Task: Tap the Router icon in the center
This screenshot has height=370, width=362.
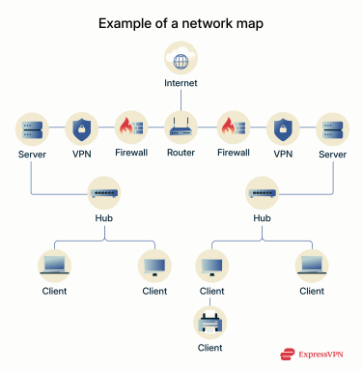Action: [181, 128]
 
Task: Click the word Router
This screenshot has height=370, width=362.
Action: [181, 153]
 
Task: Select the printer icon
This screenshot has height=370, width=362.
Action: [209, 320]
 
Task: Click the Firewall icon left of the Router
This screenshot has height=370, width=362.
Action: [130, 128]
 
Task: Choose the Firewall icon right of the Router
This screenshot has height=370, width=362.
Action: [231, 128]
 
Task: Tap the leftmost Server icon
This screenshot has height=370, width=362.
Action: [32, 128]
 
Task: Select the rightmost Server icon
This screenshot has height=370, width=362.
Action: [330, 128]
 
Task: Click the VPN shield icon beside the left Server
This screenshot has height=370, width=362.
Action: [81, 128]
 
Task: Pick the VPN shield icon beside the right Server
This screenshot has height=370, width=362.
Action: [281, 128]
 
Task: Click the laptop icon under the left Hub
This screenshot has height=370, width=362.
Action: [54, 264]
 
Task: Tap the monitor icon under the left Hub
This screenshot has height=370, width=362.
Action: [154, 264]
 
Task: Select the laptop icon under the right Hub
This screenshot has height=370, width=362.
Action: [311, 264]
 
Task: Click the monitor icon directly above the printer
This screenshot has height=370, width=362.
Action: [209, 264]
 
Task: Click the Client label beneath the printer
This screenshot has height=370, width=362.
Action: [209, 347]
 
